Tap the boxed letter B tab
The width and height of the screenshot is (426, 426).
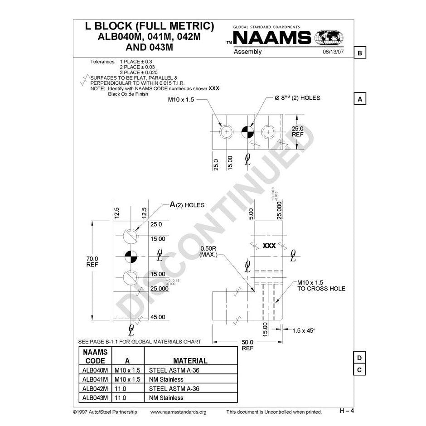coord(359,53)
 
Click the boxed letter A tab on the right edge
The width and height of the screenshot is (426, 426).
coord(359,99)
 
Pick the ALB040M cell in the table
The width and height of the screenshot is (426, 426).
coord(95,370)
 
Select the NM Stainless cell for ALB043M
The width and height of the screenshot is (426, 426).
coord(166,398)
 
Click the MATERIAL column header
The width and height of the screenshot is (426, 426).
coord(190,361)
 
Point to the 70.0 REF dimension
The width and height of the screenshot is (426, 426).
coord(92,261)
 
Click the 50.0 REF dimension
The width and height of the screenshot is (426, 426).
coord(247,345)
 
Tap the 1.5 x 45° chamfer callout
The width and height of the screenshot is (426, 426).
coord(304,330)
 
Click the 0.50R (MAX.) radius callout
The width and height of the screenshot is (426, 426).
coord(208,252)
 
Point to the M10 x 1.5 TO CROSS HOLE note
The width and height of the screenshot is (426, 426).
coord(321,285)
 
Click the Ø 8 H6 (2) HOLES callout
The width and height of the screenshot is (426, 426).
coord(297,98)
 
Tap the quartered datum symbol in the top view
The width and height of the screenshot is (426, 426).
coord(247,131)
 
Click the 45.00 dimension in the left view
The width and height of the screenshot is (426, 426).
coord(158,317)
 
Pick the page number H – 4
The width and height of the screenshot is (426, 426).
coord(347,411)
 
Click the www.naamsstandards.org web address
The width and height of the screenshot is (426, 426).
coord(178,412)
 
